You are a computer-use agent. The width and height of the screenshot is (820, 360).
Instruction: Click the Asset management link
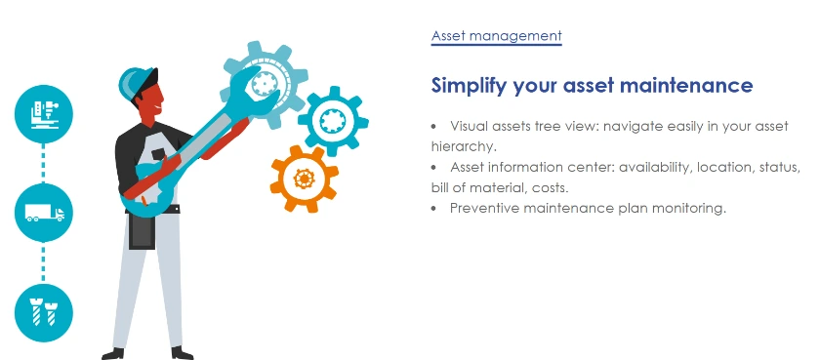pos(496,36)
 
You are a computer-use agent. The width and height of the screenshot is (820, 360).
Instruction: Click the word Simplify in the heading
pos(470,85)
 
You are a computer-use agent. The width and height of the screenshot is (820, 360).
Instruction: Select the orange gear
pos(304,179)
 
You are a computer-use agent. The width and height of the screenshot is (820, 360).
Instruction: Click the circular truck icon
pos(43,213)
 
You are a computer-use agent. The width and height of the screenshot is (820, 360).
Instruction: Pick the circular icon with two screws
pos(43,312)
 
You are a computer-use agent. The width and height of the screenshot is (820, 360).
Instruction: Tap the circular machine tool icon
pos(43,114)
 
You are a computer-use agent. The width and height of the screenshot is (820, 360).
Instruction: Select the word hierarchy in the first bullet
pos(463,146)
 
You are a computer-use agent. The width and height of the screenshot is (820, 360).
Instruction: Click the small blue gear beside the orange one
pos(333,121)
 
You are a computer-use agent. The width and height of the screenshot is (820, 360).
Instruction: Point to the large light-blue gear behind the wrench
pos(265,84)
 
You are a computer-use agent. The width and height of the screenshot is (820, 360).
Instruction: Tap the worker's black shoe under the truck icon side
pos(113,354)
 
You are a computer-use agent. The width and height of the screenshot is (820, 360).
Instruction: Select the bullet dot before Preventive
pos(433,209)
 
